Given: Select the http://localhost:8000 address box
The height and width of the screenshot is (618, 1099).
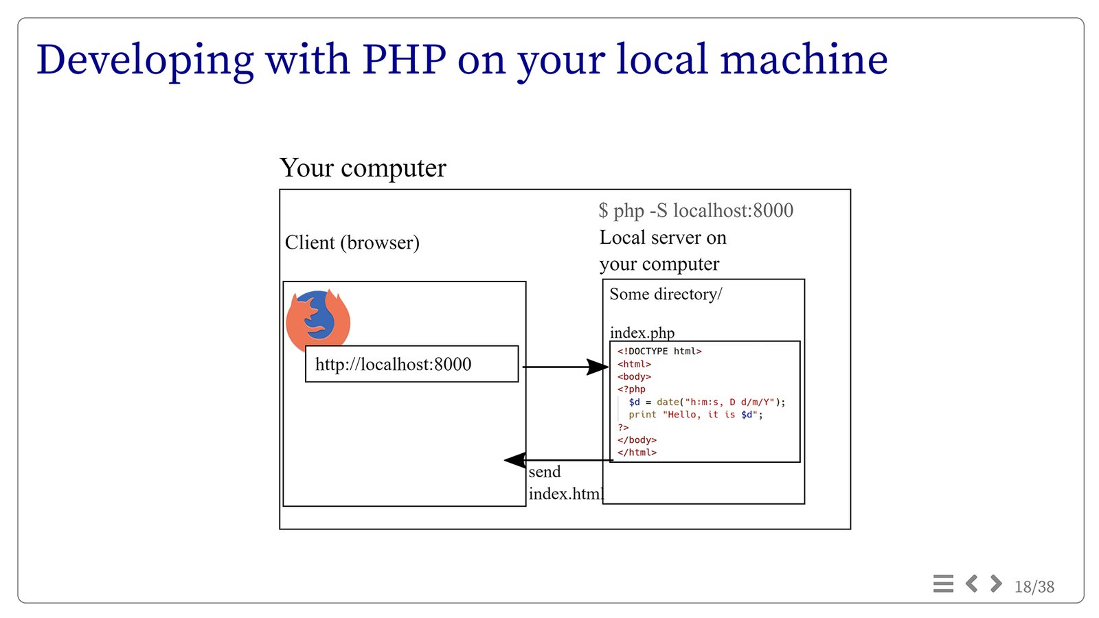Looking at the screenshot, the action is (x=411, y=364).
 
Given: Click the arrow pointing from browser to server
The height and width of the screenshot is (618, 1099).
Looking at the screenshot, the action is (x=566, y=367).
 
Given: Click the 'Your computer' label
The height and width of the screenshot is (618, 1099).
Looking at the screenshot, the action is (x=363, y=168).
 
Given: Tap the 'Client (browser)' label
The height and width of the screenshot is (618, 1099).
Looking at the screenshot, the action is (x=352, y=242).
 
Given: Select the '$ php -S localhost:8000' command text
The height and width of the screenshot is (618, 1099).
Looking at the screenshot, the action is (x=696, y=210).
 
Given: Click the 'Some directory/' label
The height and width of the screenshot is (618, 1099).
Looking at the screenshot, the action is (x=666, y=294).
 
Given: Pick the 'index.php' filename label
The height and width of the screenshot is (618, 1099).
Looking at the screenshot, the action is (x=642, y=332).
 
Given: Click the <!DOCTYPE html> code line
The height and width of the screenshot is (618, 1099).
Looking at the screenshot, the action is (x=659, y=351).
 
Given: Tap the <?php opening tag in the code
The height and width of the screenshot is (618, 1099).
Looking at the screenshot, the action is (x=631, y=389).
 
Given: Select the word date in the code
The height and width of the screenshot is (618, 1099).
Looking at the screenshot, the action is (x=668, y=402).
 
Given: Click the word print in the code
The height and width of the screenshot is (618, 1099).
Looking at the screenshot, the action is (x=642, y=415).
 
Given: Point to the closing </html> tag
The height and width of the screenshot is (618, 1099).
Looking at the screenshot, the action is (x=637, y=453).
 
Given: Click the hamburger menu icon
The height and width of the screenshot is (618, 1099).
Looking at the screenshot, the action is (x=943, y=584).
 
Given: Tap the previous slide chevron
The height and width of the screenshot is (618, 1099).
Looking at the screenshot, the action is (x=971, y=583).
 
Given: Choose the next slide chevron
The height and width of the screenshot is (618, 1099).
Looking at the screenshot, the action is (x=996, y=583).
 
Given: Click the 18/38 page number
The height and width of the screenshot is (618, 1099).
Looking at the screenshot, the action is (x=1034, y=586).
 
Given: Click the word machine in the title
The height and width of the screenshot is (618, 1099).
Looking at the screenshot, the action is (x=804, y=59).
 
